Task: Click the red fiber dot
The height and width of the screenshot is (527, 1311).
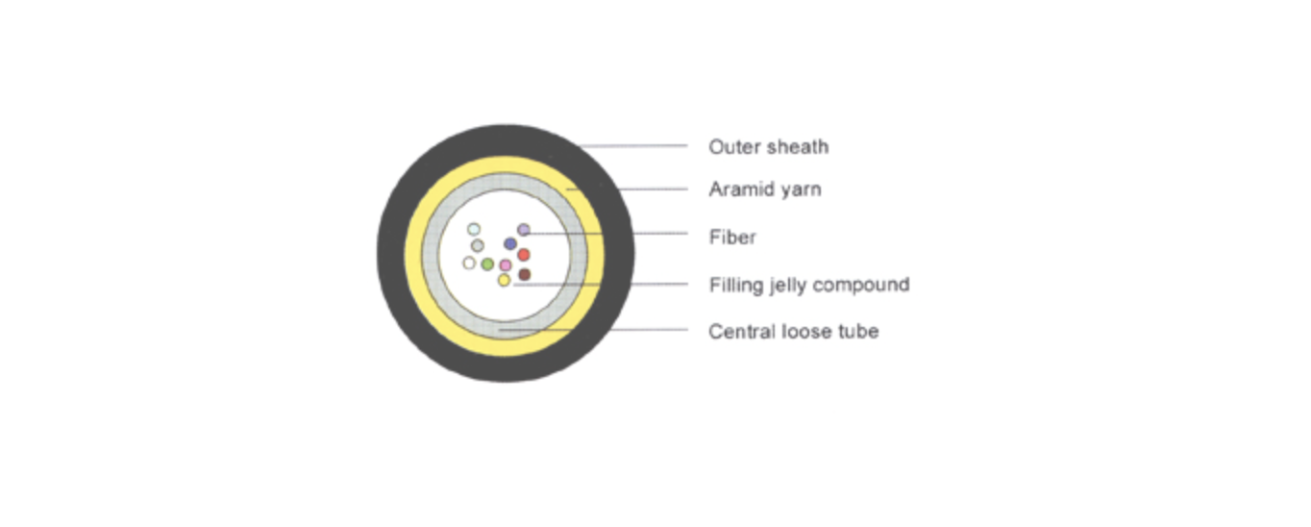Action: click(x=524, y=255)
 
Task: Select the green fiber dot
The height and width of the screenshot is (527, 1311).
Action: click(x=487, y=264)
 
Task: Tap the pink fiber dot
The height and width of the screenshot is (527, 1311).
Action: click(x=506, y=265)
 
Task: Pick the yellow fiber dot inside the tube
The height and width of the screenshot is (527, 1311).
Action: click(x=504, y=281)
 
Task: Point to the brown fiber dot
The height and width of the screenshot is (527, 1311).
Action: click(x=525, y=274)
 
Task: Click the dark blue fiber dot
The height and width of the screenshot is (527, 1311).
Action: click(x=510, y=243)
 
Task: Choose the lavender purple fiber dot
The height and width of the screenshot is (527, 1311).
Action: click(x=524, y=230)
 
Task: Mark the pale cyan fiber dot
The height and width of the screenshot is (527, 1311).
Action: click(x=474, y=229)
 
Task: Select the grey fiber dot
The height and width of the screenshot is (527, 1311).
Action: click(x=478, y=245)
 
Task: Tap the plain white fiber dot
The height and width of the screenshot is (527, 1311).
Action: click(x=469, y=263)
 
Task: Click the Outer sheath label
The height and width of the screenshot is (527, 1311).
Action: click(x=769, y=146)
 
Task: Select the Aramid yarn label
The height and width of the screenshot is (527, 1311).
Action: click(x=765, y=189)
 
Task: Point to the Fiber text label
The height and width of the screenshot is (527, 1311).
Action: click(x=732, y=238)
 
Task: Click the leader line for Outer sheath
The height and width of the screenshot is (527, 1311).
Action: click(x=632, y=145)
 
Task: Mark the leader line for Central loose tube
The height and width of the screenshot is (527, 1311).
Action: click(x=593, y=330)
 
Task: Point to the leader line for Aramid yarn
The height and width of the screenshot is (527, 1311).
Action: click(x=627, y=189)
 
